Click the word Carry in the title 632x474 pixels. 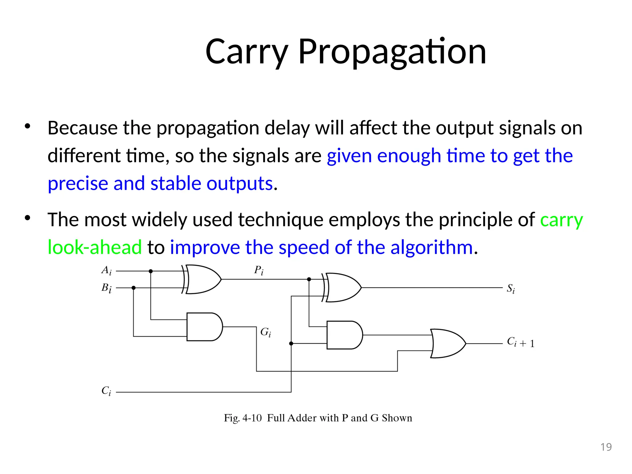click(x=247, y=52)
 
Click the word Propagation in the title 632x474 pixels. click(x=392, y=52)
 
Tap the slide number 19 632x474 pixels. click(x=606, y=447)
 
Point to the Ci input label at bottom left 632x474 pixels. click(x=106, y=391)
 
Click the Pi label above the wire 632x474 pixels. click(x=259, y=271)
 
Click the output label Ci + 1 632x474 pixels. click(x=521, y=342)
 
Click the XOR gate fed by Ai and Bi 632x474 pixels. click(x=202, y=279)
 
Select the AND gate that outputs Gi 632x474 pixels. click(x=204, y=327)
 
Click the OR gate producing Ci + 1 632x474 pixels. click(x=447, y=343)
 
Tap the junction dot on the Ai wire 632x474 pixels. click(x=151, y=271)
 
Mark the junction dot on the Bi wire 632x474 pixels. click(x=134, y=288)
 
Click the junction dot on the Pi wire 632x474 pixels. click(x=309, y=279)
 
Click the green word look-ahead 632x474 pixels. click(x=94, y=247)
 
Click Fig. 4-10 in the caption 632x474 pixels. click(x=243, y=418)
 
